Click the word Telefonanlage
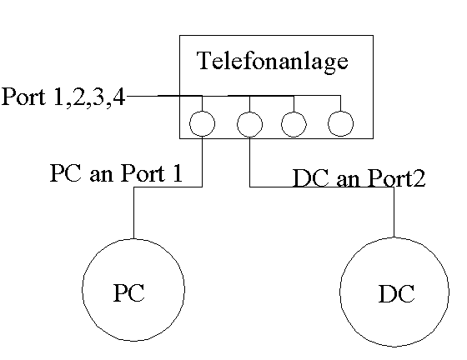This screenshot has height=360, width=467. click(x=273, y=62)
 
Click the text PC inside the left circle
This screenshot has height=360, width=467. click(x=129, y=292)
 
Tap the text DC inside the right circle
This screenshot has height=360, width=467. click(x=396, y=293)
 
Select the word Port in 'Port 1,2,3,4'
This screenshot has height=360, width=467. click(x=24, y=97)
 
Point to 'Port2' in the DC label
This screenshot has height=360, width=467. click(x=397, y=178)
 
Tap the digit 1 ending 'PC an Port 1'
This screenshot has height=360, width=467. click(x=176, y=173)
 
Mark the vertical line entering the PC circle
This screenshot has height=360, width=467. click(x=133, y=212)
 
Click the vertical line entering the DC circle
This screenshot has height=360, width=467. click(x=394, y=212)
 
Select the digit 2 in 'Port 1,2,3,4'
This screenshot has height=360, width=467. click(x=78, y=97)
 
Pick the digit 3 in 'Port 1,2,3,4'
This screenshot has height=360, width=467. click(x=98, y=97)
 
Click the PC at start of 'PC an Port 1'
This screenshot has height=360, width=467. click(x=66, y=173)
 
